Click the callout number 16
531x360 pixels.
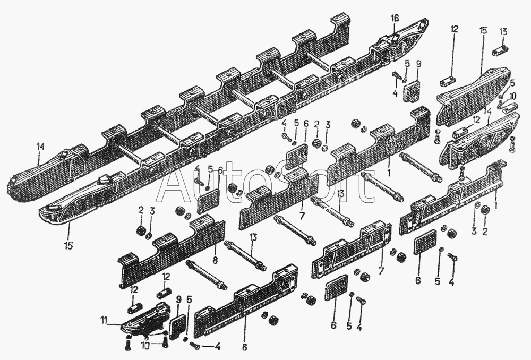pyautogui.click(x=395, y=19)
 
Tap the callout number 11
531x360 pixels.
pyautogui.click(x=104, y=319)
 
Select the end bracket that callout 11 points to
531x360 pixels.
pyautogui.click(x=146, y=321)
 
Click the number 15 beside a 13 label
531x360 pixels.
pyautogui.click(x=482, y=31)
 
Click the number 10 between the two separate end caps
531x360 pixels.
pyautogui.click(x=512, y=96)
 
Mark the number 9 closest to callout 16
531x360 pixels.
pyautogui.click(x=418, y=64)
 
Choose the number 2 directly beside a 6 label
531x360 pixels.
pyautogui.click(x=316, y=124)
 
